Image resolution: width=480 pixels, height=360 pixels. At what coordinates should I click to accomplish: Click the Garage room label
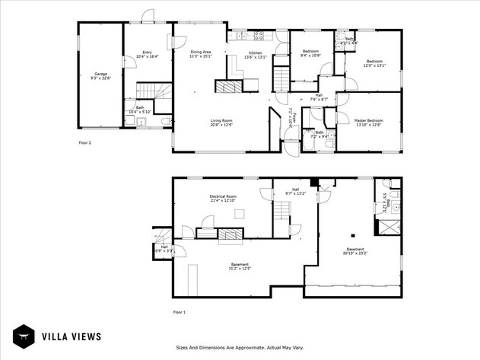click(x=100, y=76)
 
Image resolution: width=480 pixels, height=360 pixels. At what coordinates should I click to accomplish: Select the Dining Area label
click(x=201, y=53)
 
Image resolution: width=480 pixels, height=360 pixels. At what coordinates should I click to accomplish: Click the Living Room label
click(x=221, y=123)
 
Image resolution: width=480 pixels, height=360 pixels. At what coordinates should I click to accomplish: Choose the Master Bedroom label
click(x=368, y=123)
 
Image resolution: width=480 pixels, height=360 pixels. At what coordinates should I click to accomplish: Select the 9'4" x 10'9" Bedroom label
click(x=310, y=53)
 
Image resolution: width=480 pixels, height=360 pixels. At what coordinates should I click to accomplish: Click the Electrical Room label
click(x=223, y=198)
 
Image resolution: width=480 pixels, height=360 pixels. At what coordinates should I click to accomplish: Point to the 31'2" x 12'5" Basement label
click(x=240, y=266)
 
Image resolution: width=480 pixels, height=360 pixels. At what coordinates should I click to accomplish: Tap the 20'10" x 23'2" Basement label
click(x=354, y=252)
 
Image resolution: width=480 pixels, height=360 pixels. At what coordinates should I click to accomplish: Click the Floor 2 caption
click(x=84, y=142)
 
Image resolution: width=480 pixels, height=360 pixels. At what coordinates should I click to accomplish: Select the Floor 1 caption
click(x=179, y=312)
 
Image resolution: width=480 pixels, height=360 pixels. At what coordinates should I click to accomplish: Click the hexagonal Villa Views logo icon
click(x=24, y=335)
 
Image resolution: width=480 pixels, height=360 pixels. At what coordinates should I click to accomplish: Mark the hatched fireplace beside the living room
click(x=225, y=87)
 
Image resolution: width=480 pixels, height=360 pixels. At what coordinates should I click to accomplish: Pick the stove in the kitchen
click(x=259, y=35)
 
